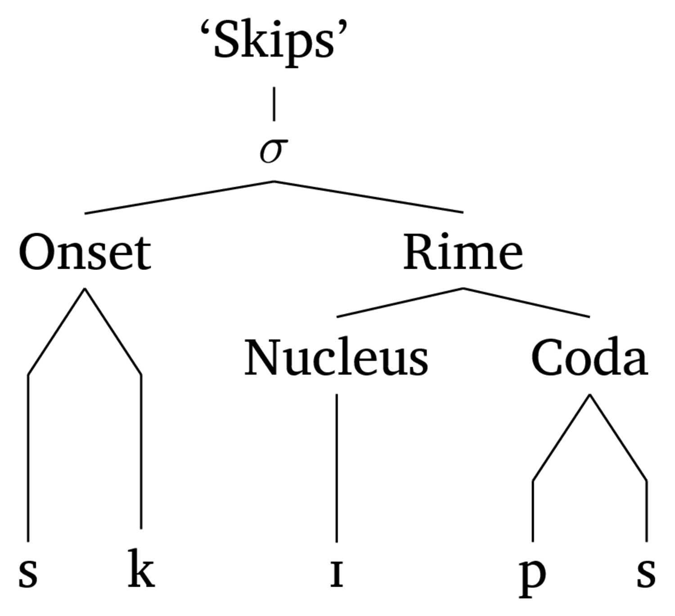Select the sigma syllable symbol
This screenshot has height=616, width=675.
tap(274, 151)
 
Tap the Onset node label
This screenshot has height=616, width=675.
tap(85, 252)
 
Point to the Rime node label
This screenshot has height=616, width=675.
tap(463, 252)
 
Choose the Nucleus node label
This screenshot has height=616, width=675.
tap(337, 357)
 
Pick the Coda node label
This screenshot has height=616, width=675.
tap(589, 357)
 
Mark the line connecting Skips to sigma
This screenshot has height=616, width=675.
tap(274, 104)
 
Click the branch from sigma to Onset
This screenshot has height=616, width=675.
tap(180, 197)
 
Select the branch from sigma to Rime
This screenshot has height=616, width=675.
tap(369, 197)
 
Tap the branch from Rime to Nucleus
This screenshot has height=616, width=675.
tap(400, 303)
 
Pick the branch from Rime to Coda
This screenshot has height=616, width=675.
tap(526, 303)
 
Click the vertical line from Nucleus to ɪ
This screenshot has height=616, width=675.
tap(337, 468)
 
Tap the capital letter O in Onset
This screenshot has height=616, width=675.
tap(36, 252)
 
